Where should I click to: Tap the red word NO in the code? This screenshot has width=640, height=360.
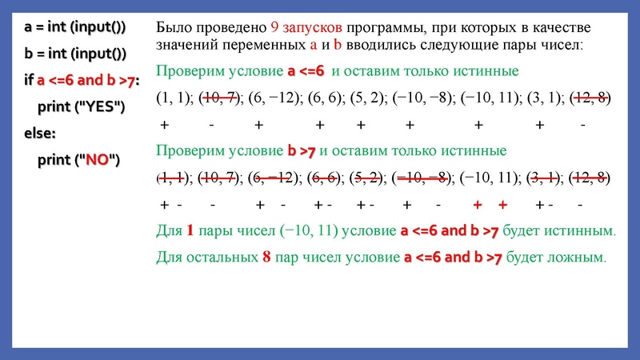tap(98, 159)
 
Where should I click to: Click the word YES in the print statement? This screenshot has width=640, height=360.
tap(98, 107)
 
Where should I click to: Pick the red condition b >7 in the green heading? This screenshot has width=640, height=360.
tap(303, 150)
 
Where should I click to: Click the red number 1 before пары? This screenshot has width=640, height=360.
tap(190, 232)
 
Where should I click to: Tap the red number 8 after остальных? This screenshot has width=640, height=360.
tap(266, 258)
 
